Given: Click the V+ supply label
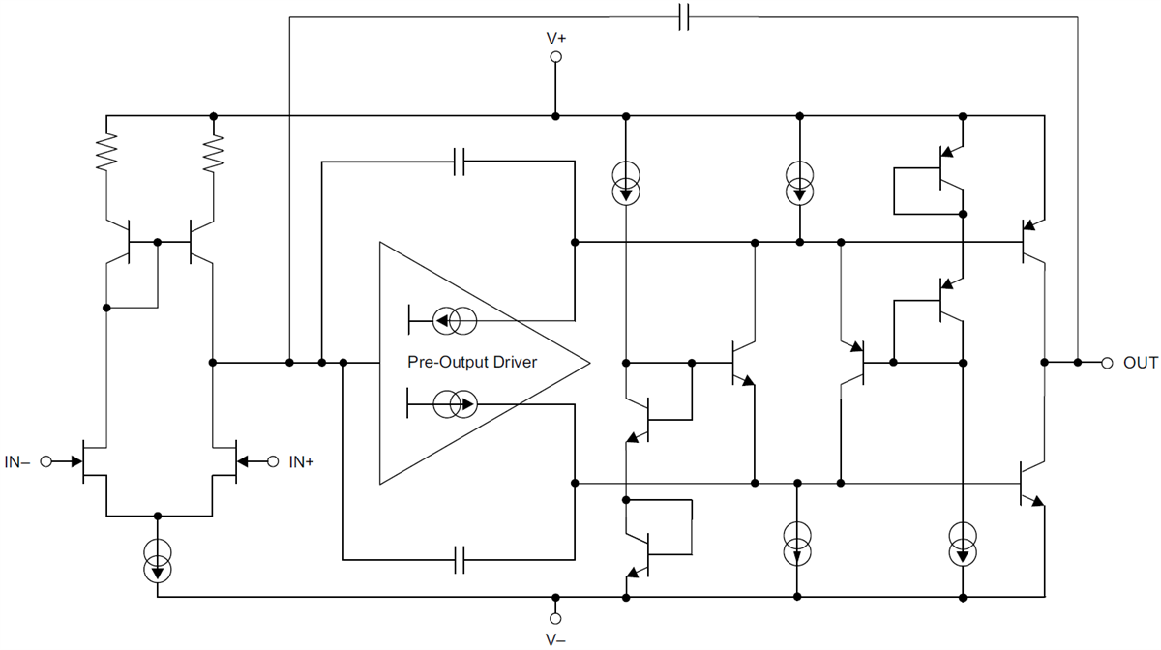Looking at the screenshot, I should tap(556, 39).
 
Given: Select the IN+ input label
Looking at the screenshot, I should tap(301, 462).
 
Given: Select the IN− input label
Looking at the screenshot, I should tap(17, 462).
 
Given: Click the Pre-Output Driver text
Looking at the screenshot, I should tap(472, 362).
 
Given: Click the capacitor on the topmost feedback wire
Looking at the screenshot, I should tap(683, 16).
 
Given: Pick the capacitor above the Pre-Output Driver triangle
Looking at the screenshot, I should tap(461, 162).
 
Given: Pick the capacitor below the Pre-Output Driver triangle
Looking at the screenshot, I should tap(461, 559).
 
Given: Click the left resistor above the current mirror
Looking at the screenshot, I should tap(105, 151).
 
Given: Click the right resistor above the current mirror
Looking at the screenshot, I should tap(213, 151).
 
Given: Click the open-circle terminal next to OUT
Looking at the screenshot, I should tap(1107, 363).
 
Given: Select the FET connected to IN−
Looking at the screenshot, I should tap(93, 462).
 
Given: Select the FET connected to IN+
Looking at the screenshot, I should tap(226, 462).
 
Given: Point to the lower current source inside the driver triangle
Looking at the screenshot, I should tap(453, 404).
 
